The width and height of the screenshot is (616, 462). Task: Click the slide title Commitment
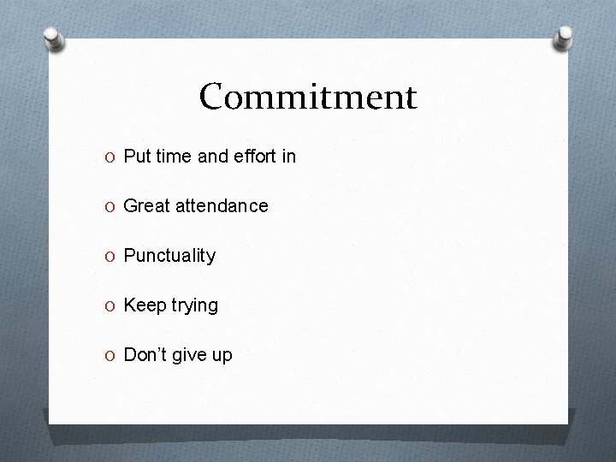[308, 97]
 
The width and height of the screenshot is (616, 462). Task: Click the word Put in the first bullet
[137, 157]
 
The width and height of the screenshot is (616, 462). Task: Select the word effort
[254, 157]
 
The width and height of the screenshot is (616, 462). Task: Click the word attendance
[222, 206]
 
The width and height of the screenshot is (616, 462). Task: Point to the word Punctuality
[169, 256]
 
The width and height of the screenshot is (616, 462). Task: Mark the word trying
[193, 306]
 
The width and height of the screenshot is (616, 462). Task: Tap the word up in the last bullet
[222, 356]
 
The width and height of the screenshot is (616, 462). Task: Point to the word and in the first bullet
[213, 157]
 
